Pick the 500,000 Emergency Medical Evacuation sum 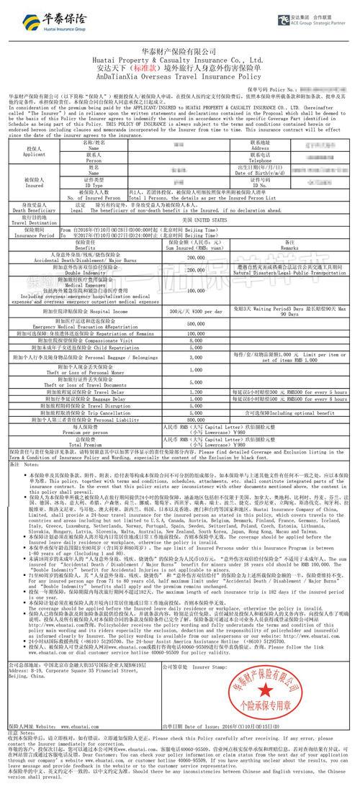click(194, 323)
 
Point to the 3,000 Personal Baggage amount click(194, 357)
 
